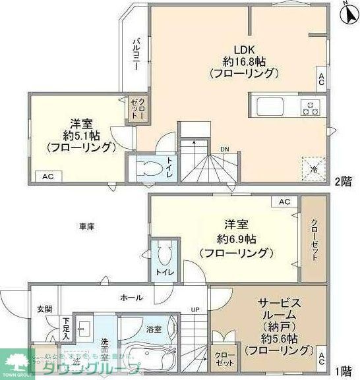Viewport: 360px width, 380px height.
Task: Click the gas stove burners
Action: point(310,107)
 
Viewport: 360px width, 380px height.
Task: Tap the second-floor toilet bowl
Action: point(150,169)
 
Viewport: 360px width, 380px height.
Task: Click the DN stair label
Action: point(225,149)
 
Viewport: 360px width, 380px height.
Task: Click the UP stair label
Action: point(195,310)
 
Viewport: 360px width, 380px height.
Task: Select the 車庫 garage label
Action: point(87,227)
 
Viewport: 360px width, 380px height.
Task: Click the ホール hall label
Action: point(131,298)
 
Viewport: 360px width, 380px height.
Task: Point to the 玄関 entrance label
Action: point(44,309)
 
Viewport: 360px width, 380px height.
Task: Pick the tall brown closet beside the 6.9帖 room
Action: point(313,239)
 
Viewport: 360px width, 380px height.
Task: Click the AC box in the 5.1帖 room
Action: point(48,176)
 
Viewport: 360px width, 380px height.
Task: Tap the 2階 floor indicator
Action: point(342,181)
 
